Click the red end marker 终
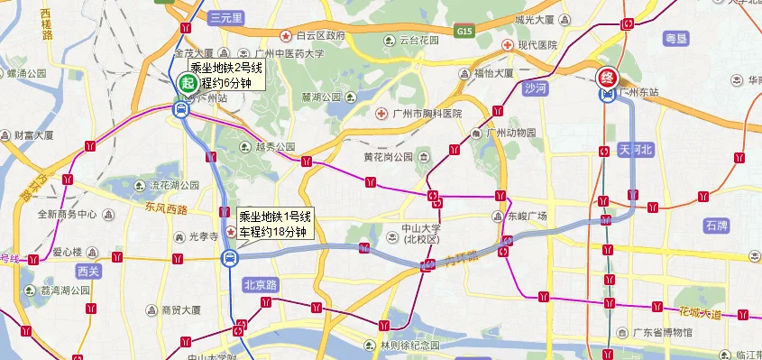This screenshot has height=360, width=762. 609,76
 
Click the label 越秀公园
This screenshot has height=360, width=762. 276,146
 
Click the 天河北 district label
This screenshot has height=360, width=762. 636,151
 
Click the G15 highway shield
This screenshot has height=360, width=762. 464,31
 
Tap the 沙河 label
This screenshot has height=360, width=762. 535,88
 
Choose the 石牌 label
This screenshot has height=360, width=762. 717,225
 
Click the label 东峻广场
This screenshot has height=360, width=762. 526,217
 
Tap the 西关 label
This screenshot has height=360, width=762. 88,271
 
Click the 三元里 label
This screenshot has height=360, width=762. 225,18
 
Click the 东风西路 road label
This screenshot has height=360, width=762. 164,210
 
